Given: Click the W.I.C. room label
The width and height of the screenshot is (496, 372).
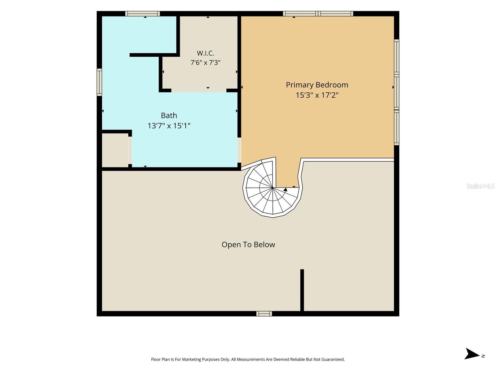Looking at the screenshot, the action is tap(205, 53).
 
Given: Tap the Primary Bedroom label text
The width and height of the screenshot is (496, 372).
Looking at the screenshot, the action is tap(317, 85).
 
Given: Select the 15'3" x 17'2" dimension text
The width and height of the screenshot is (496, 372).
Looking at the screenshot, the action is tap(317, 95).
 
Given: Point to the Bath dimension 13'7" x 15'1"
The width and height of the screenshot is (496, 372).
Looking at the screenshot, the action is tap(169, 126).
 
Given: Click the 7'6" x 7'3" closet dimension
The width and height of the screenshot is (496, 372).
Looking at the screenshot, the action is tap(205, 63).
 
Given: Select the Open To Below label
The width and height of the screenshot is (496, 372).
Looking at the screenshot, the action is tap(248, 245).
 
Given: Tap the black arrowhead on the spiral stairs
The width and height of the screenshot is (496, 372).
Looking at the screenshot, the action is tap(286, 189).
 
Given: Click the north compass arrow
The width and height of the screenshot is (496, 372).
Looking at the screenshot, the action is tap(472, 353).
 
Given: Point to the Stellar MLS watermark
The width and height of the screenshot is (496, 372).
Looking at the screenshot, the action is tap(480, 186).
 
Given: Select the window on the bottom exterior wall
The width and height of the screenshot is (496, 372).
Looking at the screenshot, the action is tap(264, 313).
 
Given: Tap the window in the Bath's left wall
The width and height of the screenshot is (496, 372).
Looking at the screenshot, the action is tap(99, 82).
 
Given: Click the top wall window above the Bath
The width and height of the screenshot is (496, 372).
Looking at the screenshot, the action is tap(143, 14).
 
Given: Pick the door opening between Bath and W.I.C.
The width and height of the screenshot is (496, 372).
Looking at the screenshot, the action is tap(199, 90).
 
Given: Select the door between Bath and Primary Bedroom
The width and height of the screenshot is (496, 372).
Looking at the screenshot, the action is tap(239, 150).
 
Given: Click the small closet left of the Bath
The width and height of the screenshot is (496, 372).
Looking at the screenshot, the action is tap(115, 150).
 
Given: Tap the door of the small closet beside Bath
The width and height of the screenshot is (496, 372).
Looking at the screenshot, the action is tap(130, 150).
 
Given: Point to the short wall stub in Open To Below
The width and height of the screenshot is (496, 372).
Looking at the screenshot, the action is tap(302, 290).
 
